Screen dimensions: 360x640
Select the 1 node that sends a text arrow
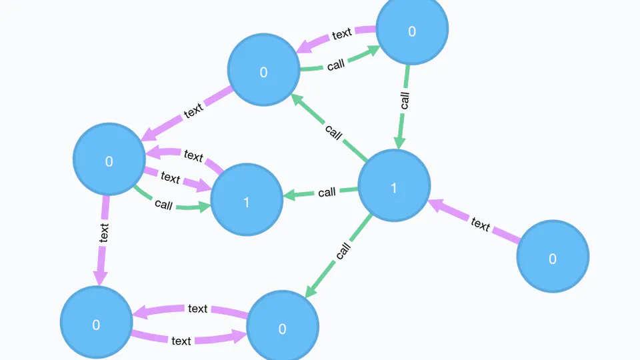pyautogui.click(x=247, y=200)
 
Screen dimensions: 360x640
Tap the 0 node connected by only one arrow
pyautogui.click(x=553, y=257)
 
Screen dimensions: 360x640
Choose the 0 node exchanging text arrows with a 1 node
pyautogui.click(x=109, y=160)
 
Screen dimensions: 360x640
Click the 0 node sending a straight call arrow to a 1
pyautogui.click(x=412, y=30)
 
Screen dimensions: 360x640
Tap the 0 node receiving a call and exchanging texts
pyautogui.click(x=283, y=327)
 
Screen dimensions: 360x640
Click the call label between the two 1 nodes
pyautogui.click(x=327, y=193)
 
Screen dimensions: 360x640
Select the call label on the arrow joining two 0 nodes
pyautogui.click(x=336, y=65)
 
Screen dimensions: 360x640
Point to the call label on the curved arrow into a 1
pyautogui.click(x=163, y=204)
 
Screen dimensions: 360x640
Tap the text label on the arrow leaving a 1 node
pyautogui.click(x=193, y=156)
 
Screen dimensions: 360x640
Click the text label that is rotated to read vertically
pyautogui.click(x=103, y=231)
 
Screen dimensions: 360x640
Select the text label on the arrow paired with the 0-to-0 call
pyautogui.click(x=342, y=33)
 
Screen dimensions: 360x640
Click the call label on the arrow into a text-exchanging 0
pyautogui.click(x=343, y=251)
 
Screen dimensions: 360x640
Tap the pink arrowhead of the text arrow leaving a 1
pyautogui.click(x=151, y=153)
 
